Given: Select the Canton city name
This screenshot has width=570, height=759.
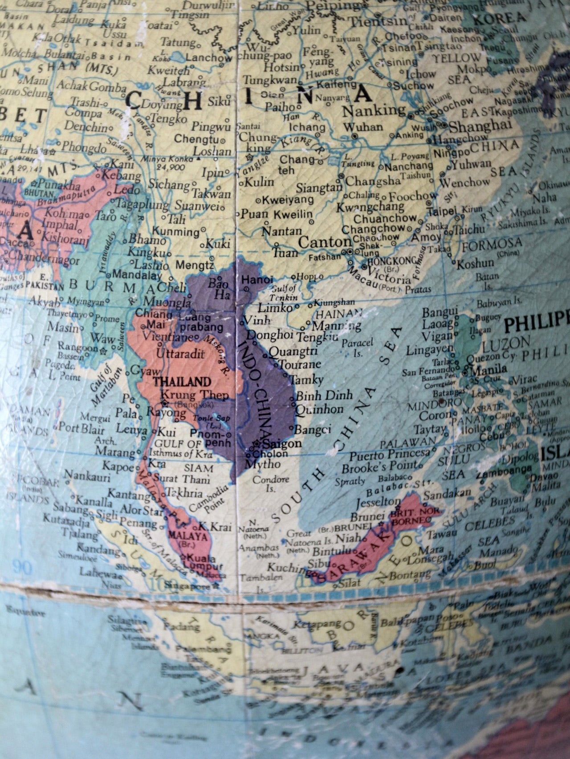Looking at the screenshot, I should (325, 242).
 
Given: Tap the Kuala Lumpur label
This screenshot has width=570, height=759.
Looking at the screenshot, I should (205, 561).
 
